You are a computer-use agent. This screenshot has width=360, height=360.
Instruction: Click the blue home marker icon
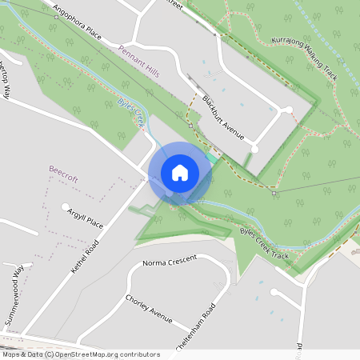179,173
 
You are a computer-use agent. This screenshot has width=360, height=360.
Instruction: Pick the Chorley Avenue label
149,310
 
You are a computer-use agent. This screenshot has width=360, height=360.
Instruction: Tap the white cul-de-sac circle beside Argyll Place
66,206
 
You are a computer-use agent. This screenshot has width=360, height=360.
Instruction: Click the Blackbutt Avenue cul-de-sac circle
254,149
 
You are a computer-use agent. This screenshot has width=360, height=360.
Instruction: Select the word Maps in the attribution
12,354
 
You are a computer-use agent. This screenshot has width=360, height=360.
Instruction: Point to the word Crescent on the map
183,263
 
